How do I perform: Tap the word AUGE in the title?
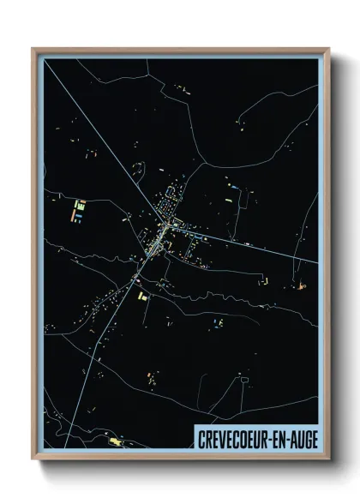pyautogui.click(x=299, y=438)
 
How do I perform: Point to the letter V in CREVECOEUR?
pyautogui.click(x=220, y=438)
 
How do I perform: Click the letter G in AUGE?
pyautogui.click(x=303, y=438)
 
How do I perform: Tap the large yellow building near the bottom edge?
pyautogui.click(x=115, y=441)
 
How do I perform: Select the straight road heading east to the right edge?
pyautogui.click(x=257, y=249)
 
